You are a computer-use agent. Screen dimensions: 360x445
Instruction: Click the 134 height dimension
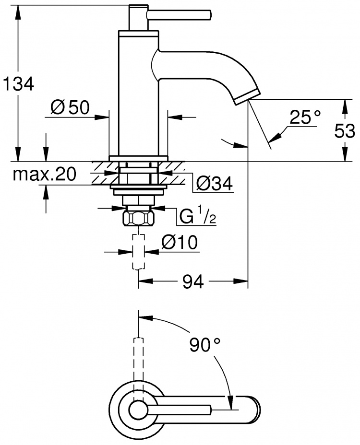click(18, 84)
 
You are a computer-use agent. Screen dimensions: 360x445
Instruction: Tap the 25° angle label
click(305, 117)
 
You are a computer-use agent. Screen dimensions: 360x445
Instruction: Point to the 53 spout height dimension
click(345, 131)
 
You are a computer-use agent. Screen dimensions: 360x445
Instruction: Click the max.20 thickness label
click(45, 174)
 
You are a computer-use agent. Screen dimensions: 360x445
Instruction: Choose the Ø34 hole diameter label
click(215, 184)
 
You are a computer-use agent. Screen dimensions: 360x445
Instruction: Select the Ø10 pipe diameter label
click(180, 243)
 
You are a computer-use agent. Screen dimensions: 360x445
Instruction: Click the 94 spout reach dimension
click(193, 281)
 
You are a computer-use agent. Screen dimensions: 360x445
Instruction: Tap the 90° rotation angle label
click(205, 344)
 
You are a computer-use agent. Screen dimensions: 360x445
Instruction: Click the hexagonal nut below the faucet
click(138, 219)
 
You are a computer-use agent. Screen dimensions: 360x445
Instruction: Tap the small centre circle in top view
click(138, 409)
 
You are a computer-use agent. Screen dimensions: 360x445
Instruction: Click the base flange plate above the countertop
click(138, 159)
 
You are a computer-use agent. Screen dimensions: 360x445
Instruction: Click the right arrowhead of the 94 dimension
click(241, 281)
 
